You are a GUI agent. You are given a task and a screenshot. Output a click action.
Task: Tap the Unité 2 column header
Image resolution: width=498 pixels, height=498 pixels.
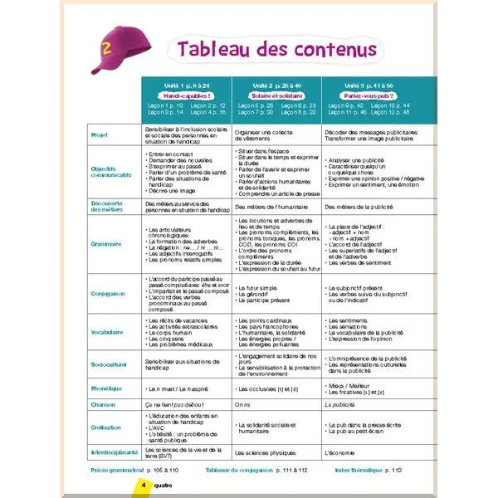(275, 86)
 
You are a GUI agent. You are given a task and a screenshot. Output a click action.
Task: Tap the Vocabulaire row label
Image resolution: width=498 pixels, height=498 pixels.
(107, 330)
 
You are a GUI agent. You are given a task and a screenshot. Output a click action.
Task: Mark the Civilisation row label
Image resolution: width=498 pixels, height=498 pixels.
(106, 427)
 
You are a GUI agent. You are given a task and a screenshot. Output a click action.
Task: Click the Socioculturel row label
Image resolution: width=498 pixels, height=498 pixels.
(109, 363)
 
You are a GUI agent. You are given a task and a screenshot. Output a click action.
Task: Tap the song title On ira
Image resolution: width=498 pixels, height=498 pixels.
(243, 404)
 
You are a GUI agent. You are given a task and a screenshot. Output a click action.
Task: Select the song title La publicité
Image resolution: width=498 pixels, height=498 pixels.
(344, 404)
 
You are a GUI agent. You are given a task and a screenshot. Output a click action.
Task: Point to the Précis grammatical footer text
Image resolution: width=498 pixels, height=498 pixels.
(117, 470)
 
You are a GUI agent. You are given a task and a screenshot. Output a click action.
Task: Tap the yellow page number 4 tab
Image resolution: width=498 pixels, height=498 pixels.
(144, 484)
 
